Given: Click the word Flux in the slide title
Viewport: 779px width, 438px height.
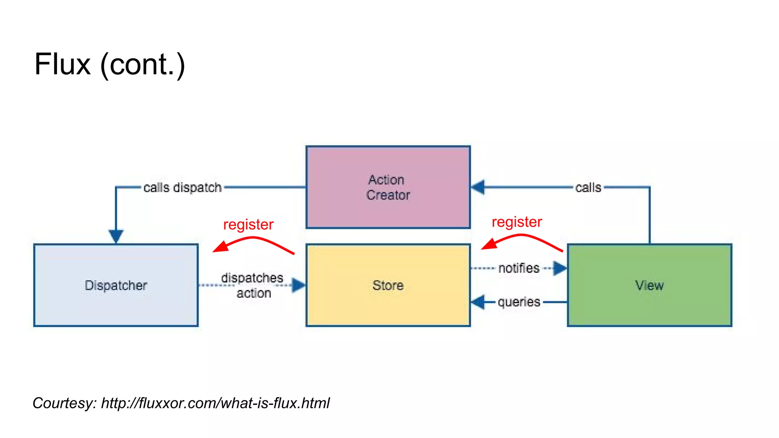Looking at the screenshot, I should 62,64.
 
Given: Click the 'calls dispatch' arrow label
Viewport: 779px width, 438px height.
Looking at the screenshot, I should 182,187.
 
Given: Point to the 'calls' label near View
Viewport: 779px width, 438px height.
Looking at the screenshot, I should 588,187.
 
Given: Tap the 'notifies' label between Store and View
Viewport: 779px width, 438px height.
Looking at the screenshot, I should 519,268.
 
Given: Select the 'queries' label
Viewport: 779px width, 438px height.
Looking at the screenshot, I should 519,302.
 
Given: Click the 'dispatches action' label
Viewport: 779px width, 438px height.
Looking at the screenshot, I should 253,285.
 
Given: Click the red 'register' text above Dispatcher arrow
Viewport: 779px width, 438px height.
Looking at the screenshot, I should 248,224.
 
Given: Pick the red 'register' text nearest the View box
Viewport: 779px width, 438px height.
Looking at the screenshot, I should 517,222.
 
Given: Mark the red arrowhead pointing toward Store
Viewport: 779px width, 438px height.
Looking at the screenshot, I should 488,244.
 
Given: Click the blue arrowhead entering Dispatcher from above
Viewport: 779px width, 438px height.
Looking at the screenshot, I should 116,236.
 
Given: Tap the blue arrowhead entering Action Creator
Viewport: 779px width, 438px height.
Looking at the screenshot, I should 478,187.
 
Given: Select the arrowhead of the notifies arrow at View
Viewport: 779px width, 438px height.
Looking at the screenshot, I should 560,268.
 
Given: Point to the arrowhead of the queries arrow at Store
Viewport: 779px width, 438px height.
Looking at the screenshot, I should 478,302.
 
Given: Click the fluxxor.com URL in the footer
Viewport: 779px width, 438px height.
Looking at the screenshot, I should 215,403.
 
